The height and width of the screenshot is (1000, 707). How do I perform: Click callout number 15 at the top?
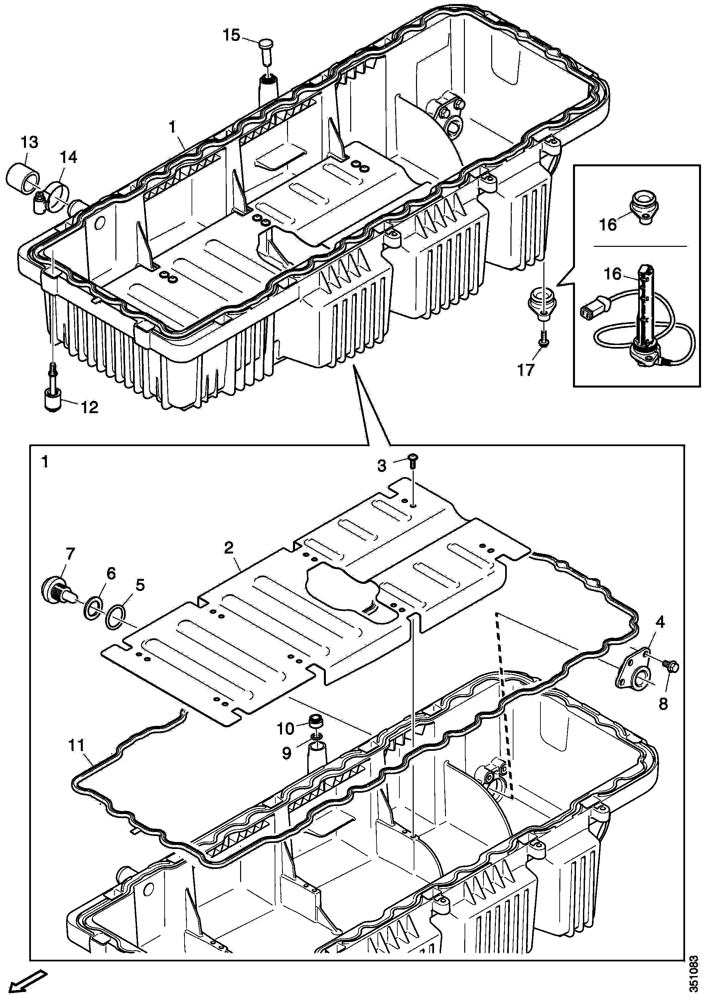(231, 35)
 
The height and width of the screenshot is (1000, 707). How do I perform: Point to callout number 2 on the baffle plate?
(229, 548)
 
